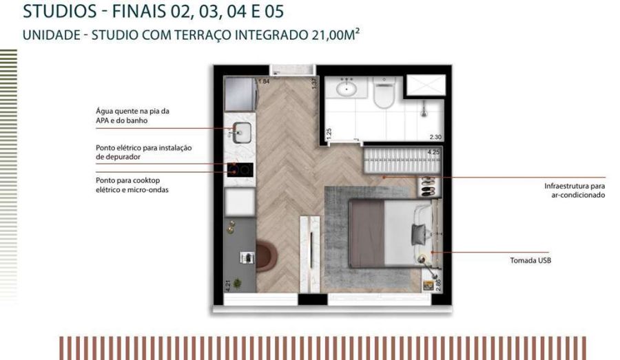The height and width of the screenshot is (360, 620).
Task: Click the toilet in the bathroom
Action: pos(384,93)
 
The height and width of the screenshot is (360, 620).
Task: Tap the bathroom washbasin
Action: pos(347,87)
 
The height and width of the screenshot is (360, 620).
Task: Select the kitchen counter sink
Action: pos(241,132)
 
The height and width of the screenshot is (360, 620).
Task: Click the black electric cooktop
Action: pos(240,170)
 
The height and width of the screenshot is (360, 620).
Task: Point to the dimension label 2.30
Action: pos(435,137)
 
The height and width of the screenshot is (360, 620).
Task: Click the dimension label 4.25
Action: pos(433,151)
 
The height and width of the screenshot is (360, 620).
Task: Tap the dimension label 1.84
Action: pos(264,81)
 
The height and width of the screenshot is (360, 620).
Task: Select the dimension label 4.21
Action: pos(228,286)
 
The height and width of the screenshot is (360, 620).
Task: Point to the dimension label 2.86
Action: pos(437,285)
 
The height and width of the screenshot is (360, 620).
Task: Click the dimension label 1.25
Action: pos(329,134)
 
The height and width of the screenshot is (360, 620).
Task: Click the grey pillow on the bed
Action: pos(418,234)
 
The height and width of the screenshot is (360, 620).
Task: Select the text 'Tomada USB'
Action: pos(530,260)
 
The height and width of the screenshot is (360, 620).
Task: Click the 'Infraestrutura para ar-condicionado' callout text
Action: pos(575,190)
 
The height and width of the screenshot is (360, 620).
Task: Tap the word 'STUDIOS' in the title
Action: pos(60,11)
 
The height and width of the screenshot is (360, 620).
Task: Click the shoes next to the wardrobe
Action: pos(427,187)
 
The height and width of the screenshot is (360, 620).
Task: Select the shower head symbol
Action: pos(424,109)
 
